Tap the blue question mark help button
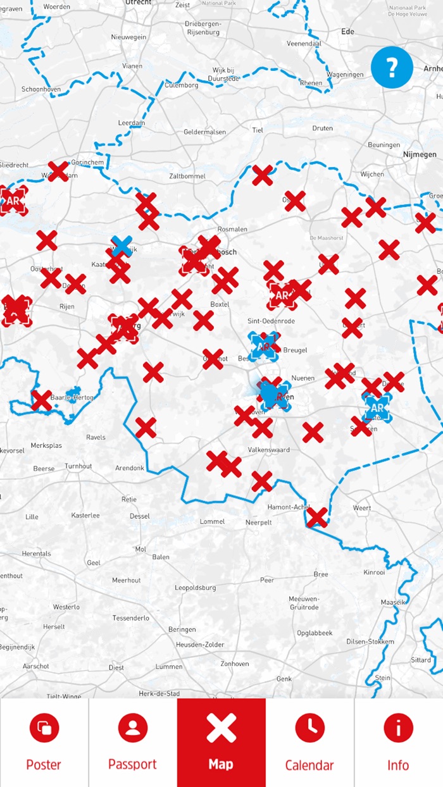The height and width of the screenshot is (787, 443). point(392,66)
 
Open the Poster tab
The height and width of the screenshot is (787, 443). point(44,743)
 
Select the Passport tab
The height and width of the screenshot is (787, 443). point(133,743)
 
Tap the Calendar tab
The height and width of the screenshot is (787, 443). point(309,743)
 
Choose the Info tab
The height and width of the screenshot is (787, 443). point(398,743)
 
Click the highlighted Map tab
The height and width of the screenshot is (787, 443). point(221,743)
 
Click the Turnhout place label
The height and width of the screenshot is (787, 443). point(78,466)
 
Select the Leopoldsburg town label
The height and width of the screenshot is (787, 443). point(195,588)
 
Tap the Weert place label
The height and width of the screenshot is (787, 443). point(362,508)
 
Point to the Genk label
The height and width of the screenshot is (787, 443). point(284,679)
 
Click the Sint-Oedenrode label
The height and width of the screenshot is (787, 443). point(271,321)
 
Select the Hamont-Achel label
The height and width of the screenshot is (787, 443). point(288,507)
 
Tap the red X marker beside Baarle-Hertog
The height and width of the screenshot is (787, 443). point(41,400)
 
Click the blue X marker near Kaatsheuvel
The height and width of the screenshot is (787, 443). point(121,246)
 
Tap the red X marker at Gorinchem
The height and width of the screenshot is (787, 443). point(58,171)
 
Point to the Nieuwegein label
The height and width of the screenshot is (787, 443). point(128,37)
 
